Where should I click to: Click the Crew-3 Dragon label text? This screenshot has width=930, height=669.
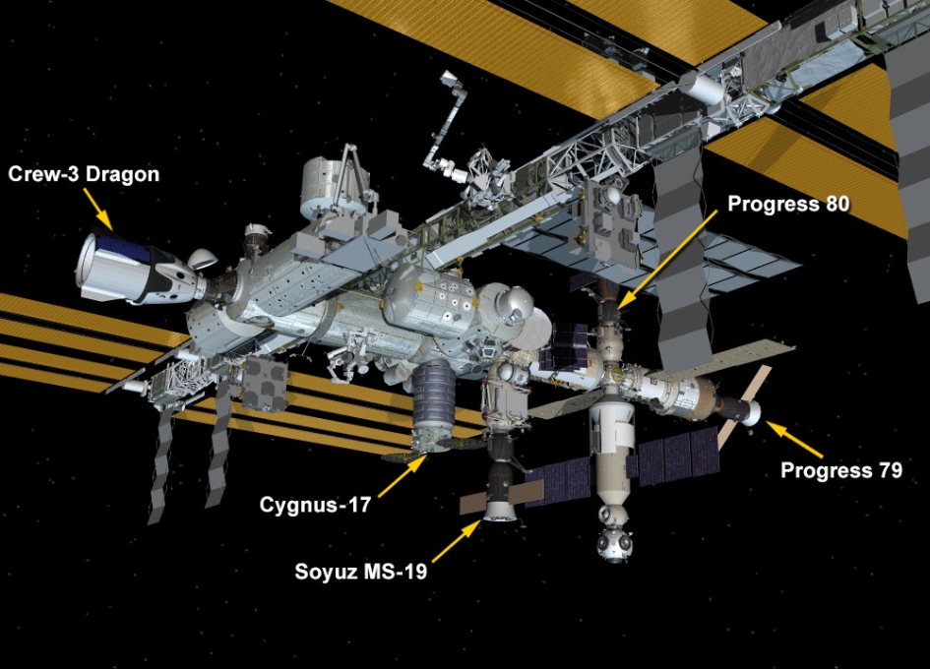point(84,175)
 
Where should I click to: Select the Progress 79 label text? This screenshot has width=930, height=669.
point(841,470)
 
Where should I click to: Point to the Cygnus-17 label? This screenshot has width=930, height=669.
point(315,505)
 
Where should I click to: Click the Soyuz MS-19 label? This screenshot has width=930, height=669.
point(361,571)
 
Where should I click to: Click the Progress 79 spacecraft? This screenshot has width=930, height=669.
point(740,409)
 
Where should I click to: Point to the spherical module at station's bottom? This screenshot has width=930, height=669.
point(615,541)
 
